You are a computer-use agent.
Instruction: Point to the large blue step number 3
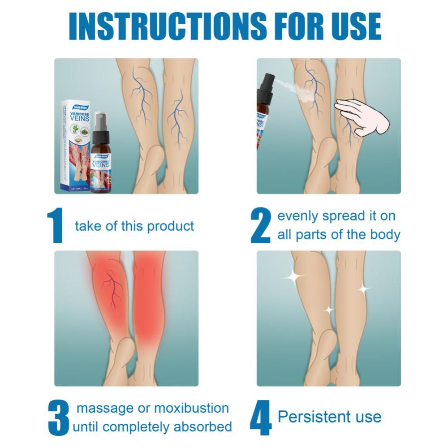point(58,418)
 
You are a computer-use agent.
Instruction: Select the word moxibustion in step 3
point(191,408)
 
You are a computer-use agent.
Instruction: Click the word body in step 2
point(386,235)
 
